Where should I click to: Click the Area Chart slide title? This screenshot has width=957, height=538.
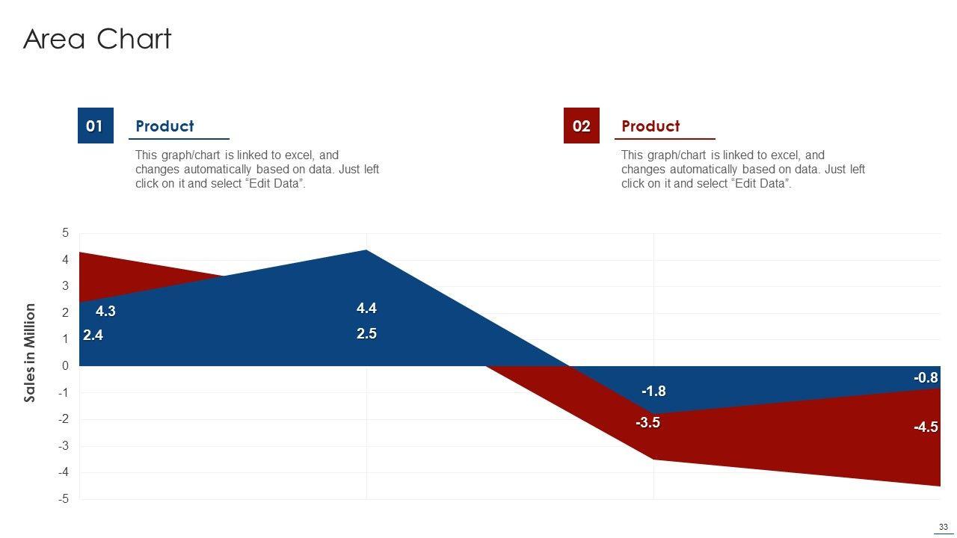point(97,39)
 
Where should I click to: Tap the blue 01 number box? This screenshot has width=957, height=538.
point(95,126)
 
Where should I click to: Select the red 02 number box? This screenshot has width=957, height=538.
point(581,126)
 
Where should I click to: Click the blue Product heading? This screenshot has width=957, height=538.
point(164,126)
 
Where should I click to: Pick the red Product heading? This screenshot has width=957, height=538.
point(650,126)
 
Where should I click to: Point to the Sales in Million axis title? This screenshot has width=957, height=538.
point(31,352)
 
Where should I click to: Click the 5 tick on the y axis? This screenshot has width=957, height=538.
point(66,233)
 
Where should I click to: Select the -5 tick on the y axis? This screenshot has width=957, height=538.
point(64,499)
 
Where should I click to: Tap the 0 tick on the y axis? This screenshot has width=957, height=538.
point(66,366)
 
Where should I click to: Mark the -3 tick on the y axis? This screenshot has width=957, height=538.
point(64,446)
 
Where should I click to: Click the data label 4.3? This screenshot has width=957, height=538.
point(105,312)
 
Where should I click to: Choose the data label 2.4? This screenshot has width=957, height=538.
point(93,336)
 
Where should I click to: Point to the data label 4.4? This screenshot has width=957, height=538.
point(366,308)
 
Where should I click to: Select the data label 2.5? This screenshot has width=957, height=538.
point(366,334)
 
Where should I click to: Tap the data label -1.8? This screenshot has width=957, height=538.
point(653,392)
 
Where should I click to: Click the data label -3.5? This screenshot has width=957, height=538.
point(647,423)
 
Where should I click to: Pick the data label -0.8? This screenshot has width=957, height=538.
point(926,379)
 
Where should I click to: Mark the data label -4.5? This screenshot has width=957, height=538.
point(926,427)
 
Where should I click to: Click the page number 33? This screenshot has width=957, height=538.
point(944,527)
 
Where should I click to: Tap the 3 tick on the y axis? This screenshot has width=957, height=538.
point(66,286)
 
